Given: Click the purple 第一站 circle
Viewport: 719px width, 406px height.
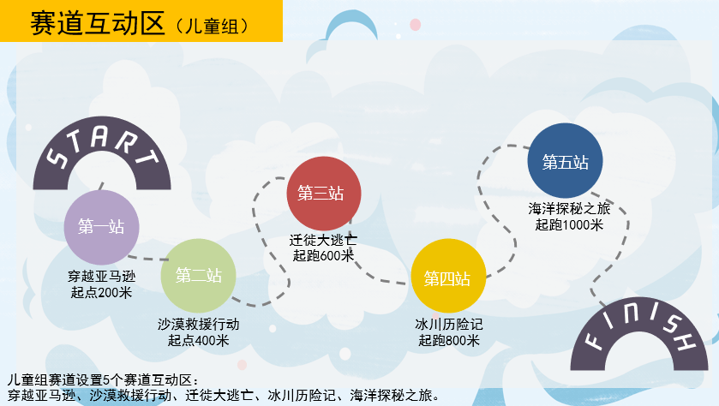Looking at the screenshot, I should point(101,227).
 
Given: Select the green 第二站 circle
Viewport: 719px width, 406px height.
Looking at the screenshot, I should point(199,275).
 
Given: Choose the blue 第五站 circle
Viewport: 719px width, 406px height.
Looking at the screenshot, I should point(566,161).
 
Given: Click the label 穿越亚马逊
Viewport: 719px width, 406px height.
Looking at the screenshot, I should point(102,278).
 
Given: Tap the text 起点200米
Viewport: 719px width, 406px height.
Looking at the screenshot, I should point(102,293).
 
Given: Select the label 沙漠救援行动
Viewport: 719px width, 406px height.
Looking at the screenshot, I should point(199,325).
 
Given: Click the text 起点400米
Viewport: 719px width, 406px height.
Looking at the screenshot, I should point(199,341).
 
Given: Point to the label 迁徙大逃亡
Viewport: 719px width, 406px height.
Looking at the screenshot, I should point(323,242).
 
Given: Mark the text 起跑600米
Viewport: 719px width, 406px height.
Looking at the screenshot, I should point(323,257).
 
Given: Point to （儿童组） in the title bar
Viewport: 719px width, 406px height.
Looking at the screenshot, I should point(210,27).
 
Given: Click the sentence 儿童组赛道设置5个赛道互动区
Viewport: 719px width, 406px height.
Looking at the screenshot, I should point(103,379).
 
